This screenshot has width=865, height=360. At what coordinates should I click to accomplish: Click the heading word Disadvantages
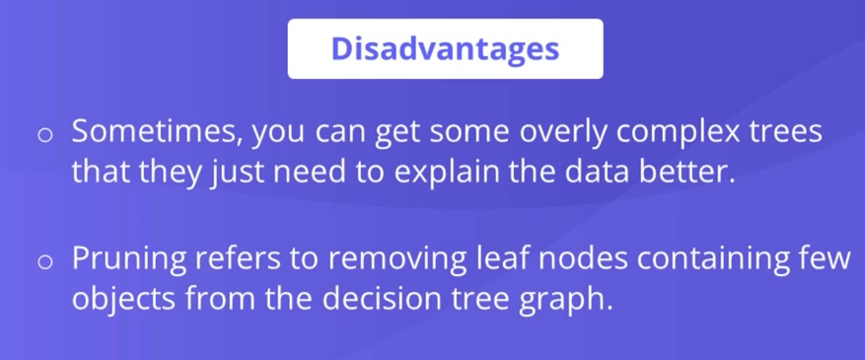pos(445,48)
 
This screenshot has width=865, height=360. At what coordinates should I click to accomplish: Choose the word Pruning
pos(129,259)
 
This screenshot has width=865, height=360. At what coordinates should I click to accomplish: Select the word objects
pos(123,300)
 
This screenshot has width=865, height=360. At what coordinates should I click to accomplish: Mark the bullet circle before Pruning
pos(44,261)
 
